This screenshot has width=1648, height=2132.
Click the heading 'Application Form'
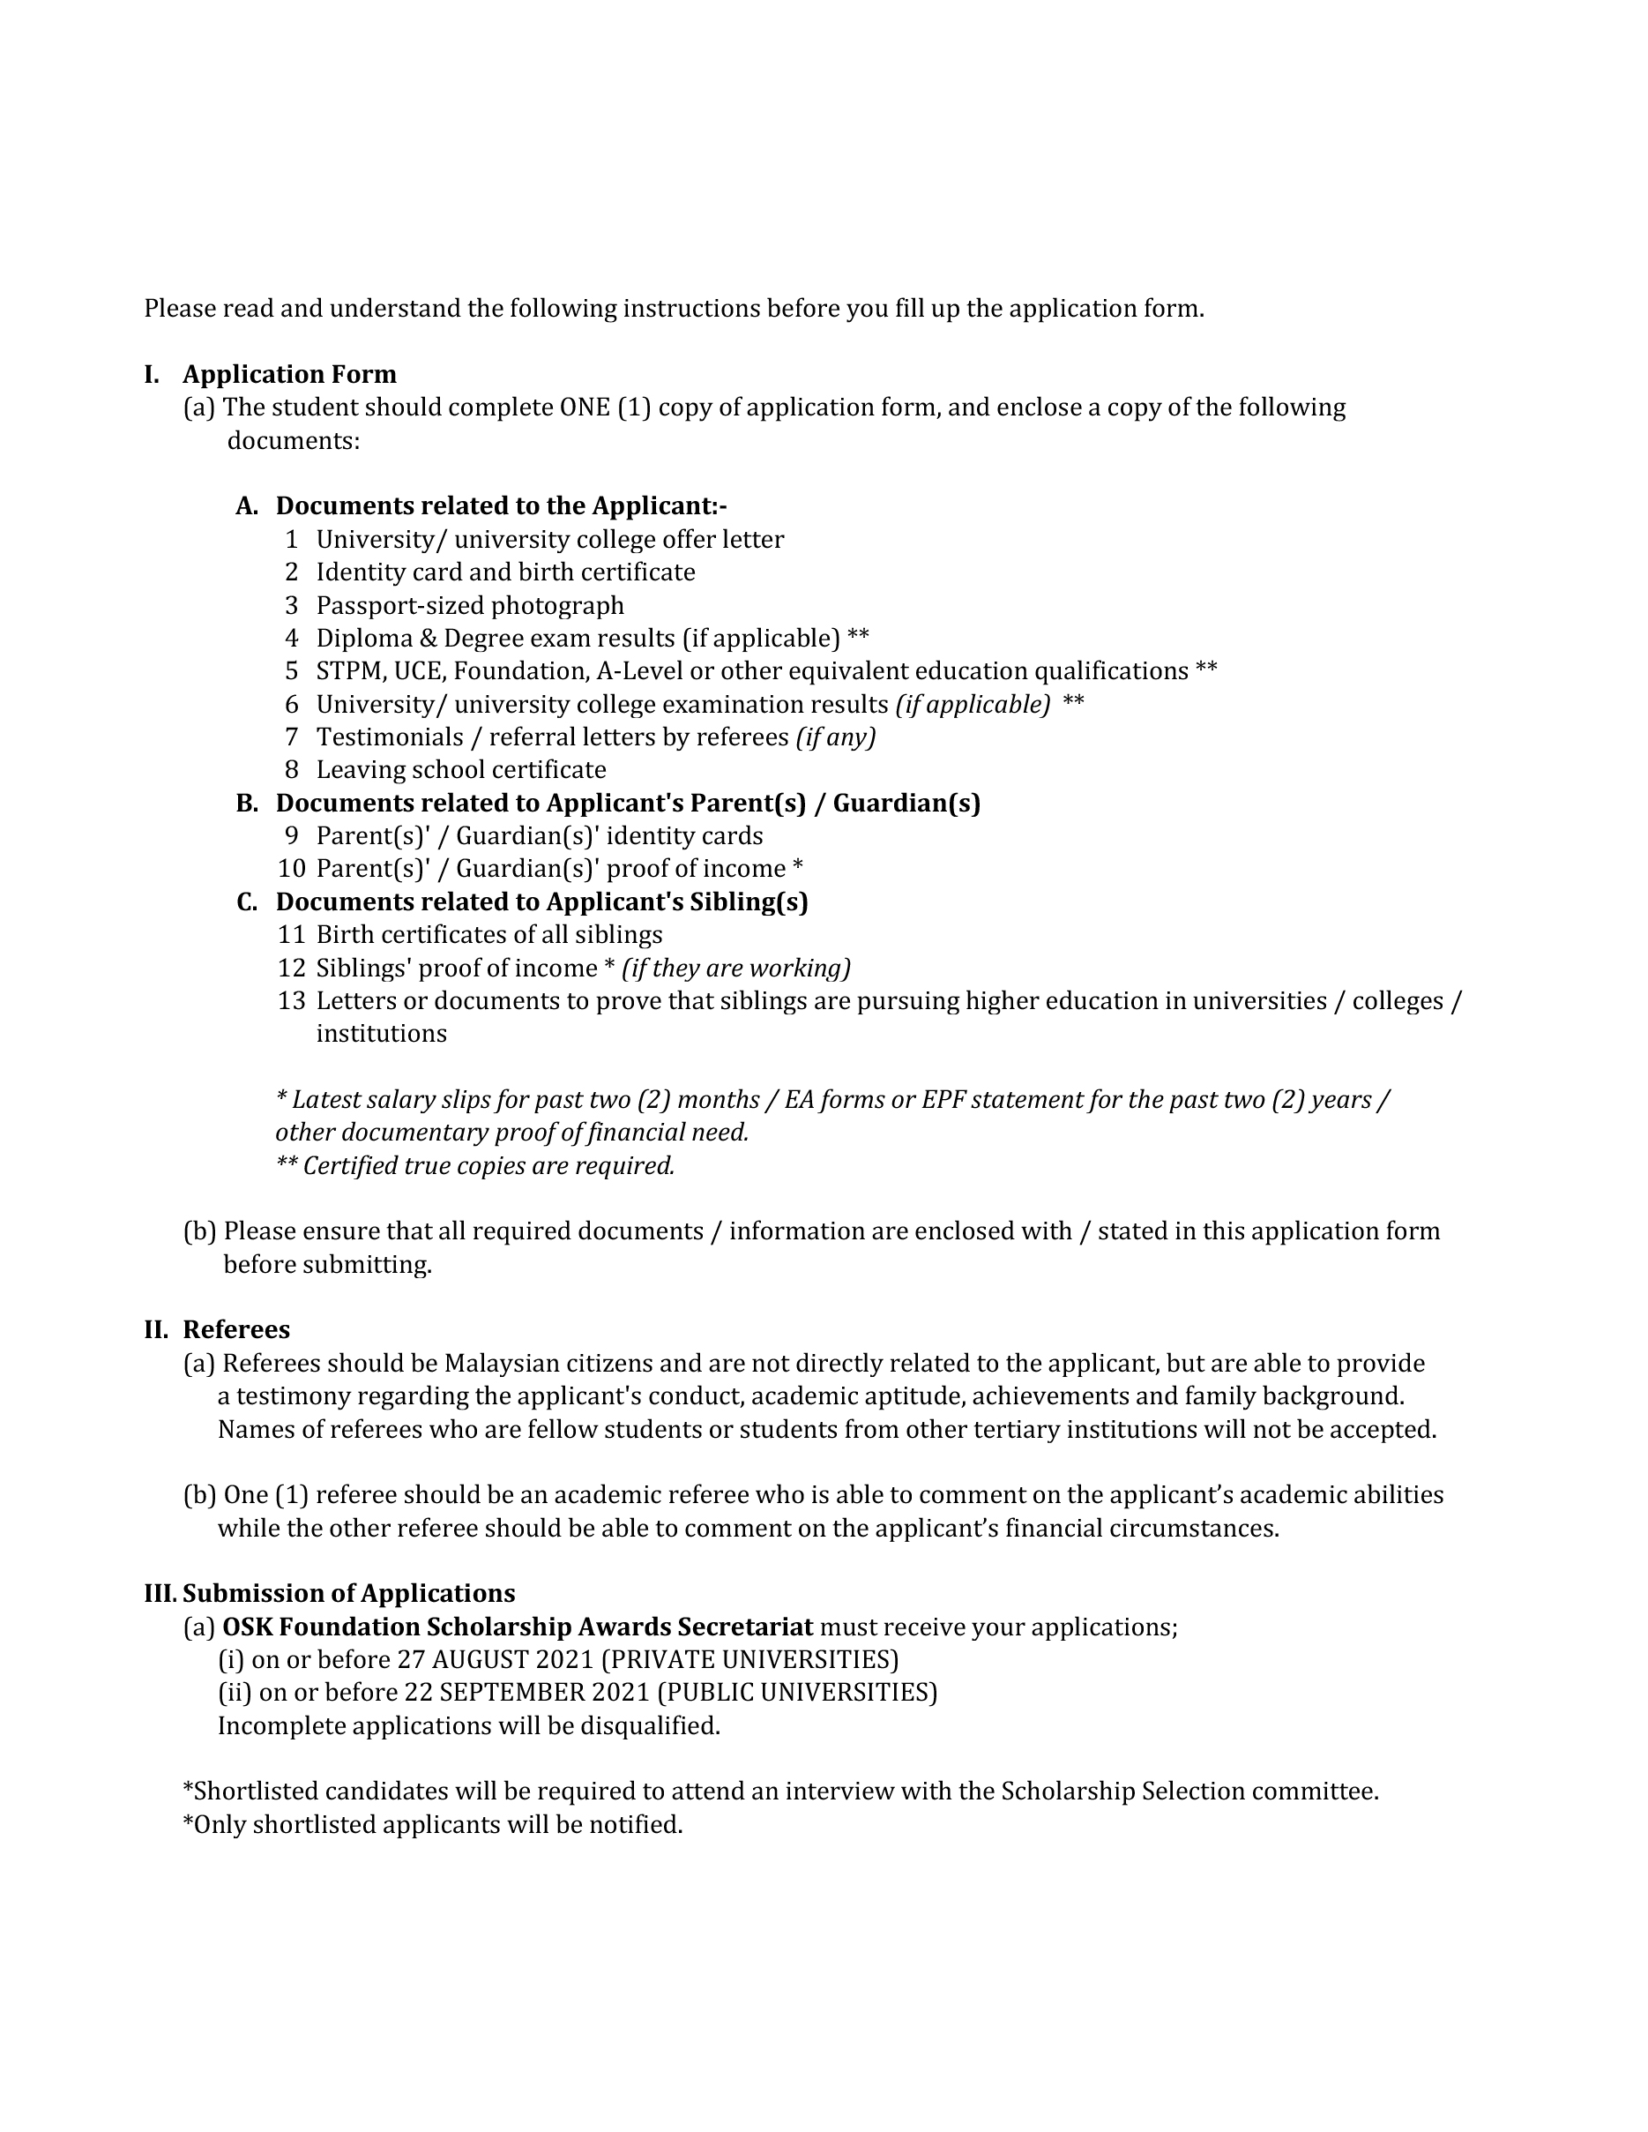click(289, 375)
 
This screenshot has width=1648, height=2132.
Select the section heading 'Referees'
click(236, 1329)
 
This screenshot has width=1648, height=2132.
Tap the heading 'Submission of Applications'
click(348, 1593)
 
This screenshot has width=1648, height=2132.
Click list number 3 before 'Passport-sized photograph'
click(291, 605)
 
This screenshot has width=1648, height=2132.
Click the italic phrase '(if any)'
click(836, 737)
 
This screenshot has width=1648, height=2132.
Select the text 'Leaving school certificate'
click(460, 770)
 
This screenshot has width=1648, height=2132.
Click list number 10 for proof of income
click(291, 869)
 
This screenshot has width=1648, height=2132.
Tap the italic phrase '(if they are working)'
click(735, 968)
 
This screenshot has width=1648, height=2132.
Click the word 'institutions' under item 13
click(381, 1034)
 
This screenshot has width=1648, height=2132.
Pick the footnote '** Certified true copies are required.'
click(475, 1165)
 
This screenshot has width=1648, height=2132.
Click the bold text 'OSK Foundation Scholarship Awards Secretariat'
click(517, 1627)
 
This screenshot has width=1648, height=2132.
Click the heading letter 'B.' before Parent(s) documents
click(247, 804)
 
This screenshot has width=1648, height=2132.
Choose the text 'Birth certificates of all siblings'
click(488, 935)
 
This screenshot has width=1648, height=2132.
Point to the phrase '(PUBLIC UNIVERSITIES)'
click(797, 1693)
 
